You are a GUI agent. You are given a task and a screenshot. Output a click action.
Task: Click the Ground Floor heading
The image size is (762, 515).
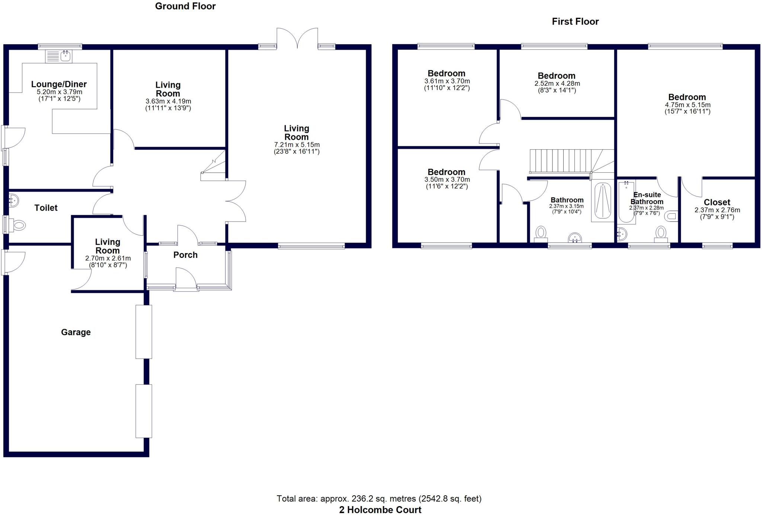point(185,6)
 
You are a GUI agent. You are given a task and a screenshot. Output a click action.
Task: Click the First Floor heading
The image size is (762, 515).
point(575,22)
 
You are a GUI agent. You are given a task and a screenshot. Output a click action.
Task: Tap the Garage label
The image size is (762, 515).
point(76,332)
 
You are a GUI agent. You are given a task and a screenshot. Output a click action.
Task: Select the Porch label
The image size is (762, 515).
point(185,255)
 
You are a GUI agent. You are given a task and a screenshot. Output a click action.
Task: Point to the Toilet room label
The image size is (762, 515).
point(46,208)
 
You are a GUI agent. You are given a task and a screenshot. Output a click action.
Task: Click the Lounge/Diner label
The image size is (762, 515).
point(59,84)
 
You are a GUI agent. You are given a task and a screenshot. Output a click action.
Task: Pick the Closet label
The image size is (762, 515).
point(717,203)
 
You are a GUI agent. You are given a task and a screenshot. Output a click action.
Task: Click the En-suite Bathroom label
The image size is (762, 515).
point(647,198)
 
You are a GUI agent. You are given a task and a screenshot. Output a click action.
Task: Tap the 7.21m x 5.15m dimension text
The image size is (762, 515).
point(297,145)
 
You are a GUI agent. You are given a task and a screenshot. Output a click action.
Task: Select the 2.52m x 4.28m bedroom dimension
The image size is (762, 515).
point(557,84)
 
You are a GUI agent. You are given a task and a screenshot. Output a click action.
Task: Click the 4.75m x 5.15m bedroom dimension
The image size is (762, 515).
point(688,105)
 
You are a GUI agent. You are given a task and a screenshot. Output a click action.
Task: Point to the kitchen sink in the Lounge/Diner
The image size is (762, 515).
point(59,56)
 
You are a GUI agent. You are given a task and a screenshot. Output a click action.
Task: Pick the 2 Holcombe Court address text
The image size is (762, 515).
point(380,510)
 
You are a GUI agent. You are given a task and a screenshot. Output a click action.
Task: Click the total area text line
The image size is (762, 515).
point(379,499)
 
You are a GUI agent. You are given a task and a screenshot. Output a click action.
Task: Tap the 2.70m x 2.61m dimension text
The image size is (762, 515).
point(108,259)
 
